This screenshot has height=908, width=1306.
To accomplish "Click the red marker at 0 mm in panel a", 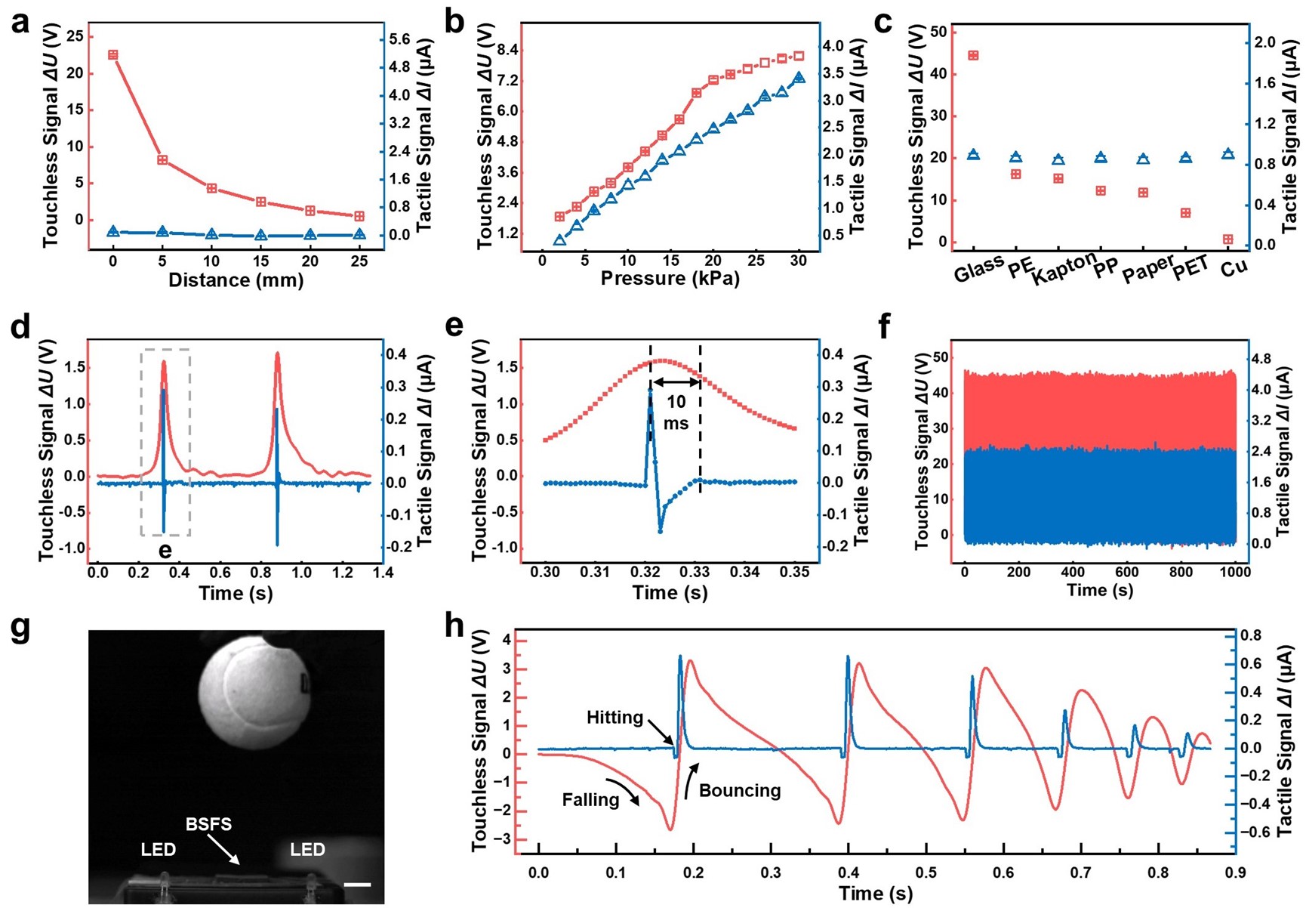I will point(113,55).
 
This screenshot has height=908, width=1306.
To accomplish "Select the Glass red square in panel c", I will point(973,56).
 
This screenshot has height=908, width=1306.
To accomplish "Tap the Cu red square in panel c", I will point(1228,239).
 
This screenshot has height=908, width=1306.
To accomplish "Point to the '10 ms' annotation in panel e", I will point(676,413).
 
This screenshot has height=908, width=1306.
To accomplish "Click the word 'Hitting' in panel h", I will point(614,717).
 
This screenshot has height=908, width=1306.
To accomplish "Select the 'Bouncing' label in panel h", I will point(740,791).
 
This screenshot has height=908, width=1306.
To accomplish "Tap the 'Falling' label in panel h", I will point(590,799).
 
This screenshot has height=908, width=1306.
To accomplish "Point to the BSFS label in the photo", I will point(209,823).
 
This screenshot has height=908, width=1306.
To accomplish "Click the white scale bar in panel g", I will point(357,884).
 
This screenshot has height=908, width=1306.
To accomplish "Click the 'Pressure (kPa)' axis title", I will point(670,279).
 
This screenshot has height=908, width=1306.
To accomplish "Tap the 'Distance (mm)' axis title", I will point(236,280).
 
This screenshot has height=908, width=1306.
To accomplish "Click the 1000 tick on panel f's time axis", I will point(1235,572).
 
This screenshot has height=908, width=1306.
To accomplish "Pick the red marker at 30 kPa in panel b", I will point(799,56).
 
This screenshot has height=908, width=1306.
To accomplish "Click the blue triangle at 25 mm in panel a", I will point(359,235).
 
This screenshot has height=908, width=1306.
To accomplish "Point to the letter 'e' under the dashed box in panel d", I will point(165,552).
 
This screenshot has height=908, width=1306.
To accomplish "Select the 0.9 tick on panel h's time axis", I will point(1235,872).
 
